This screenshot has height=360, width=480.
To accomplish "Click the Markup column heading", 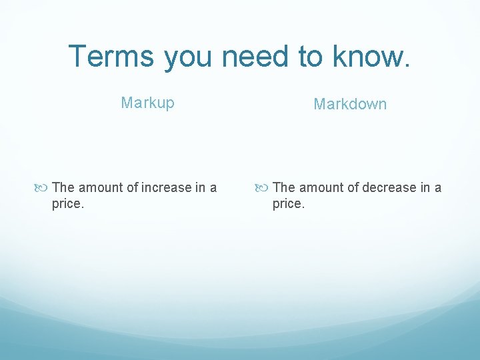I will click(147, 103).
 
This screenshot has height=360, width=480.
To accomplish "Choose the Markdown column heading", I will click(350, 104).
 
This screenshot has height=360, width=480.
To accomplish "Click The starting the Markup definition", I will click(63, 187).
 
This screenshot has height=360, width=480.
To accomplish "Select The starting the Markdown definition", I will click(284, 187).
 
